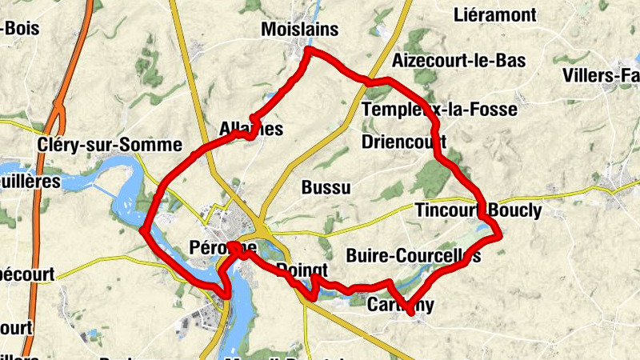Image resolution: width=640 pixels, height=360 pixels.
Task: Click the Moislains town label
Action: click(x=300, y=30)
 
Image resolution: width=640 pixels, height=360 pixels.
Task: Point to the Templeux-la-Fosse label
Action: click(x=439, y=109)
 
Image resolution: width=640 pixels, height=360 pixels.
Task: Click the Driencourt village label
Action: click(x=403, y=142)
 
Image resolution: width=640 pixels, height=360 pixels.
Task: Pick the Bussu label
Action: click(x=326, y=188)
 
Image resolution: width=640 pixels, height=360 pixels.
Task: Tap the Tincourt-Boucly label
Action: click(x=478, y=211)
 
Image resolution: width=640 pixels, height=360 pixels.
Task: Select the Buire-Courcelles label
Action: click(x=414, y=256)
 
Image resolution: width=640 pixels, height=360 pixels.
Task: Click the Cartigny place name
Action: click(x=400, y=304)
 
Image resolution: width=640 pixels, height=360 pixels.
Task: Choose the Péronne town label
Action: click(x=224, y=247)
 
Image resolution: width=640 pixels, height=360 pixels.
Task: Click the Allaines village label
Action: click(x=250, y=129)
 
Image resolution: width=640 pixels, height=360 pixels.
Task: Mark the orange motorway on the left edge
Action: click(x=36, y=240)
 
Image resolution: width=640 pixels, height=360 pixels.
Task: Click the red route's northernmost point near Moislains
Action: click(x=309, y=50)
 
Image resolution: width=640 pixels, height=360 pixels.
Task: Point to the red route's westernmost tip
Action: click(x=142, y=231)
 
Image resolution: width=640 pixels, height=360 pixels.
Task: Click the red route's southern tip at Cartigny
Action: click(x=410, y=311)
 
